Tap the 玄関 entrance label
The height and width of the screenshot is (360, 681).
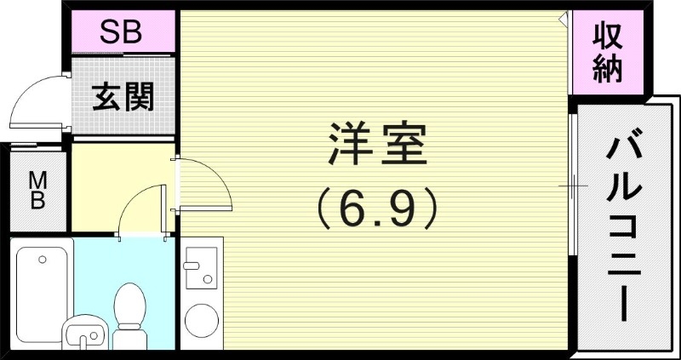pos(123,98)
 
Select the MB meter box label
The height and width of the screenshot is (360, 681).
pos(38,190)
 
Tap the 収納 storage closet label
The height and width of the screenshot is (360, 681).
pos(608,53)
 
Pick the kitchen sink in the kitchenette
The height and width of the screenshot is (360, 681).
pos(202,268)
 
